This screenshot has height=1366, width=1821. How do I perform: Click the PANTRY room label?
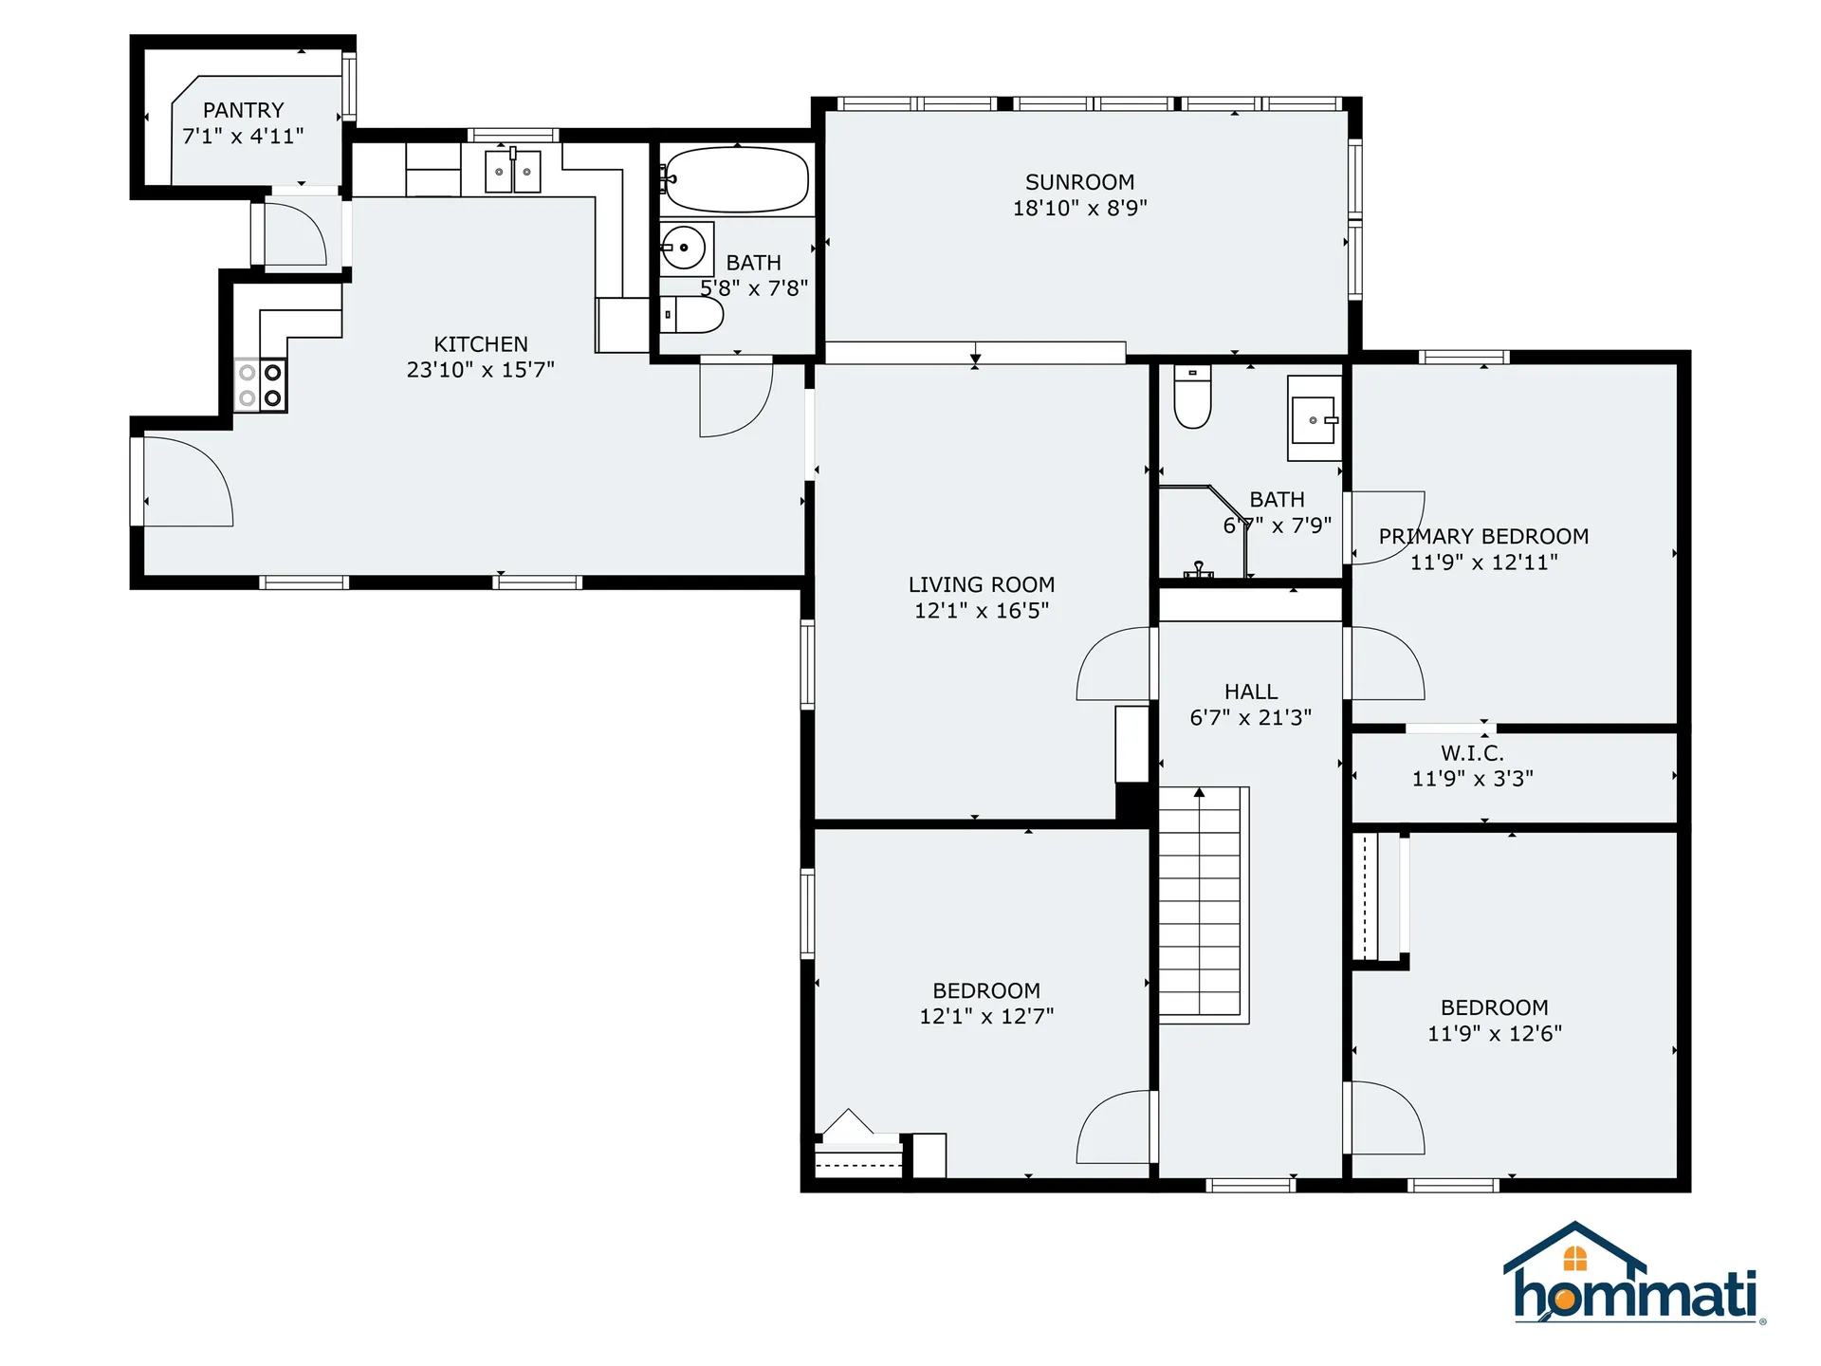click(243, 110)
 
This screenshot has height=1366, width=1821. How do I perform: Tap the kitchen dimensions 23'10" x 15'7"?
click(480, 370)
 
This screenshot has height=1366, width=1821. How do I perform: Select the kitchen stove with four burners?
click(261, 385)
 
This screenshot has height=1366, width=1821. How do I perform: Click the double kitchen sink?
click(512, 172)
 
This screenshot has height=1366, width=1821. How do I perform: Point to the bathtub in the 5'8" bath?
click(736, 179)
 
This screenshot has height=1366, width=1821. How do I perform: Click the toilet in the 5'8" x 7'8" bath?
click(693, 315)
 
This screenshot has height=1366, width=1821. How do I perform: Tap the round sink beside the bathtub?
click(684, 249)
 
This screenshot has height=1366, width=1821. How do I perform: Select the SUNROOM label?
click(1079, 182)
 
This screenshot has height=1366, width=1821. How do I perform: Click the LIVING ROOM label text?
click(982, 585)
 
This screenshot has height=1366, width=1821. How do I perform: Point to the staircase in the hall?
click(1200, 903)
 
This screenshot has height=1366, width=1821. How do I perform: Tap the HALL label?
click(1250, 692)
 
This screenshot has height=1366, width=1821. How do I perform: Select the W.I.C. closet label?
click(1472, 753)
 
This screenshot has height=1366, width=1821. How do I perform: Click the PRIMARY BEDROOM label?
click(1483, 537)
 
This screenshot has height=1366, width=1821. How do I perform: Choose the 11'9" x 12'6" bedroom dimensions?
click(1495, 1034)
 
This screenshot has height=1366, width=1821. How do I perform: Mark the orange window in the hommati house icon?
click(1575, 1258)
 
